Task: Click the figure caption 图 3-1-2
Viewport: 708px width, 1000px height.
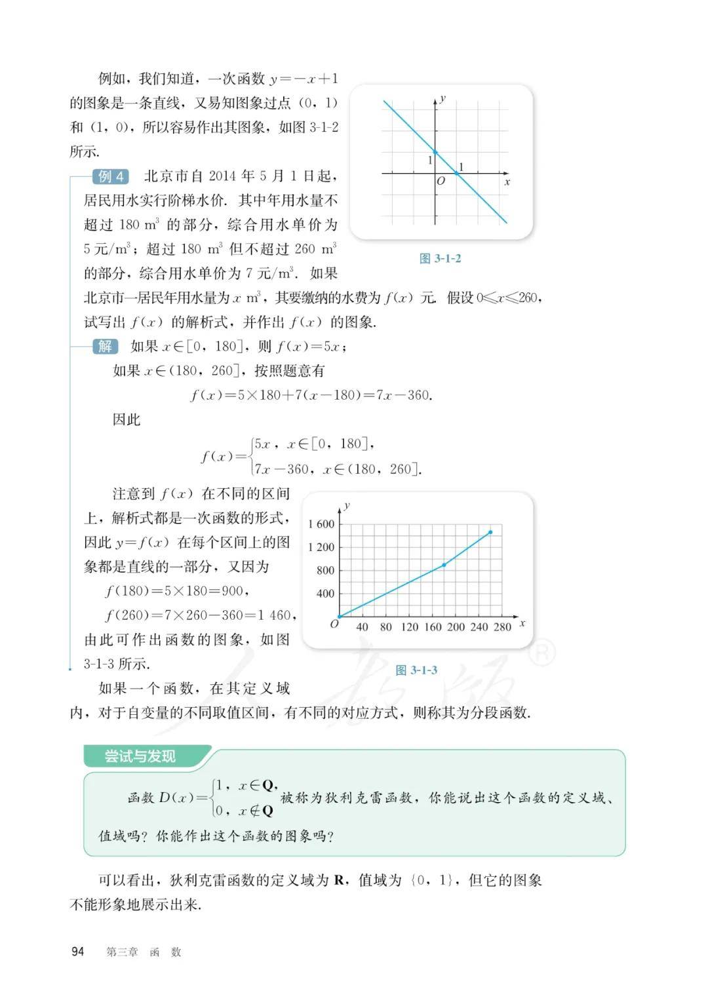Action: [440, 258]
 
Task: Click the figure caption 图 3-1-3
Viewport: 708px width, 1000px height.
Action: [416, 670]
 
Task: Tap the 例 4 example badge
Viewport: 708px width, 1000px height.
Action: [111, 176]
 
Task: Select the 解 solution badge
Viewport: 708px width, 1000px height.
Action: [105, 346]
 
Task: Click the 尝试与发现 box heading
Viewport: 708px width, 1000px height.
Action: [140, 756]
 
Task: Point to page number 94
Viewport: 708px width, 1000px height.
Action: [78, 952]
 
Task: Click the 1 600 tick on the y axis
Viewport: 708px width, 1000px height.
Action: [321, 524]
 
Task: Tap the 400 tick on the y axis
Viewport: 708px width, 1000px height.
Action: [325, 594]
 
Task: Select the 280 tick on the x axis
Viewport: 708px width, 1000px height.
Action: [502, 627]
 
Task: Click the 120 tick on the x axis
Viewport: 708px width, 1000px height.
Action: [409, 627]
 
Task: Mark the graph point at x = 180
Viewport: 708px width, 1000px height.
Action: [444, 564]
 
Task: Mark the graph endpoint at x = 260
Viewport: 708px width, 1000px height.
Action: [490, 532]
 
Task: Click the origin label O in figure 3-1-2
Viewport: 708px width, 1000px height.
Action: [441, 181]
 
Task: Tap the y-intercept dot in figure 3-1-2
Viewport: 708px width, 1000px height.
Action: [435, 152]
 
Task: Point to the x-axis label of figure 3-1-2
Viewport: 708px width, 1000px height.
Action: [507, 182]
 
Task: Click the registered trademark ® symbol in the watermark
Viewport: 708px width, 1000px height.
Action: [542, 652]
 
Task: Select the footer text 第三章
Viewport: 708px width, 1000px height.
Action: [122, 952]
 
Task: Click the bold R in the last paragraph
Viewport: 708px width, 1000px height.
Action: [340, 880]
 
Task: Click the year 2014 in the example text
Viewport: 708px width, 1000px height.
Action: [222, 176]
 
